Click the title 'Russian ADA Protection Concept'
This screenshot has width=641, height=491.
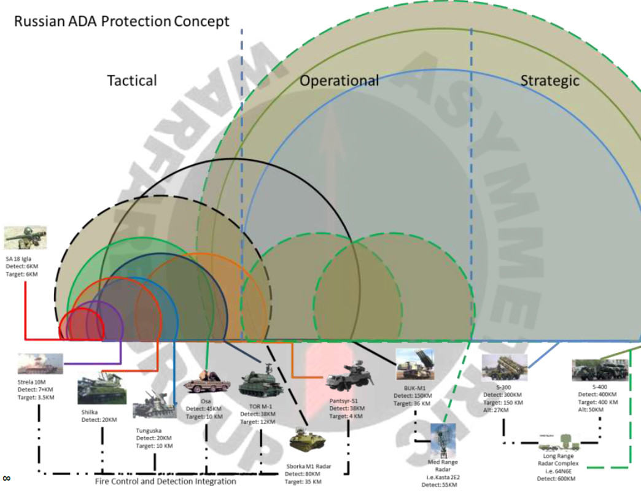click(122, 21)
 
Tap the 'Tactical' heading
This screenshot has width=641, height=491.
click(132, 80)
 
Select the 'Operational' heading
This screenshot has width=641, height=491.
click(339, 80)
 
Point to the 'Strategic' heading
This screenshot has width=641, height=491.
click(550, 80)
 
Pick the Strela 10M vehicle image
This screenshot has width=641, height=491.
click(41, 365)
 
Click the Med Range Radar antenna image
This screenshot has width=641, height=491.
click(443, 439)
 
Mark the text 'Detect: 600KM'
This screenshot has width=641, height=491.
click(556, 479)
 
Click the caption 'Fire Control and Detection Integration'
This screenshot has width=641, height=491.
click(165, 482)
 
